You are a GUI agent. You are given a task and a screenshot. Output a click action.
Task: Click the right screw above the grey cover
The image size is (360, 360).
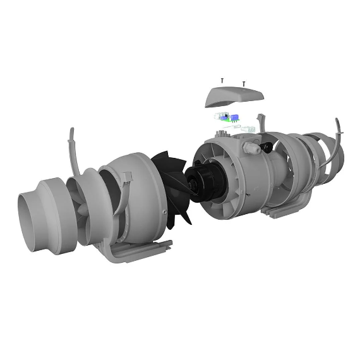244,82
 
